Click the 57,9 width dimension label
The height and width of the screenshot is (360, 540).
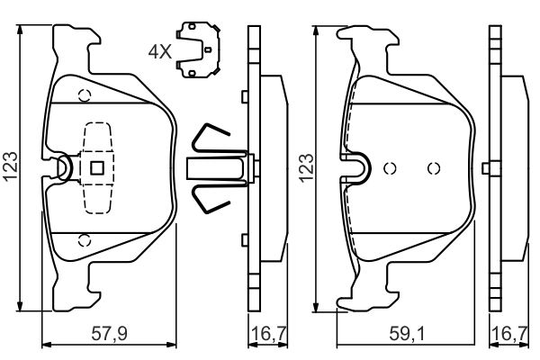tap(109, 334)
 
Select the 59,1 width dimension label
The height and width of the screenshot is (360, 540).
tap(407, 334)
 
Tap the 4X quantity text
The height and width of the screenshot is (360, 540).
tap(160, 52)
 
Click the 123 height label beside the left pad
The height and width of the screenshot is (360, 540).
tap(10, 166)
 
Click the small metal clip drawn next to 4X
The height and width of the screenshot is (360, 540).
tap(198, 50)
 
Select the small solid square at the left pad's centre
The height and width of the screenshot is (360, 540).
tap(97, 168)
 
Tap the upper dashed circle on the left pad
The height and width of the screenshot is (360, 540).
tap(85, 95)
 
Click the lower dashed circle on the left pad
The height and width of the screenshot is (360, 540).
tap(85, 240)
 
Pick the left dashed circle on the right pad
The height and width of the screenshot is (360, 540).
tap(391, 168)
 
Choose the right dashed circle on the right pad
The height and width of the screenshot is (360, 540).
tap(434, 168)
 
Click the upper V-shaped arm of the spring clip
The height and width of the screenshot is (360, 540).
tap(211, 137)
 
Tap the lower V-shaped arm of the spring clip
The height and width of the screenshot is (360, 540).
tap(211, 199)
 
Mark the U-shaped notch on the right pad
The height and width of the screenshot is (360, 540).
tap(357, 168)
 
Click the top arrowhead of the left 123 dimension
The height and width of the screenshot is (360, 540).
tap(20, 30)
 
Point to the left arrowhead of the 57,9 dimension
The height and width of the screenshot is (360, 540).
tap(47, 345)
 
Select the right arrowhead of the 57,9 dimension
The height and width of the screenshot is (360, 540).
tap(171, 345)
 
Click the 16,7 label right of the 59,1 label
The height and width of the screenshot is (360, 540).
tap(510, 334)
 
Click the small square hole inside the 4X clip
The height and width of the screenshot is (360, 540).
tap(207, 50)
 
